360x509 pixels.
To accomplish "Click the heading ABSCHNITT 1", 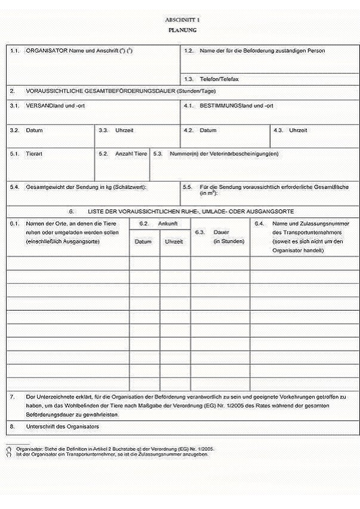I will pyautogui.click(x=182, y=20).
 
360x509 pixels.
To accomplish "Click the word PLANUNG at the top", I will pyautogui.click(x=182, y=30).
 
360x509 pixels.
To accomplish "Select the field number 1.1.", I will pyautogui.click(x=14, y=51).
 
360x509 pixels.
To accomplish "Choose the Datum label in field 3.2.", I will pyautogui.click(x=34, y=130).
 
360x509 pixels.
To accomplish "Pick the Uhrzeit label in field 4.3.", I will pyautogui.click(x=298, y=130).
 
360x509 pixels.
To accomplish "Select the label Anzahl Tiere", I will pyautogui.click(x=131, y=154).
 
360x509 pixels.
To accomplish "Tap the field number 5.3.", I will pyautogui.click(x=157, y=154).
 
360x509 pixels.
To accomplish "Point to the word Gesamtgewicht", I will pyautogui.click(x=45, y=187).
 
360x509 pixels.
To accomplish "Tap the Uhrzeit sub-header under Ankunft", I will pyautogui.click(x=173, y=241).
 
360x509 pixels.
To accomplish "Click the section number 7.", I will pyautogui.click(x=13, y=396).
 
